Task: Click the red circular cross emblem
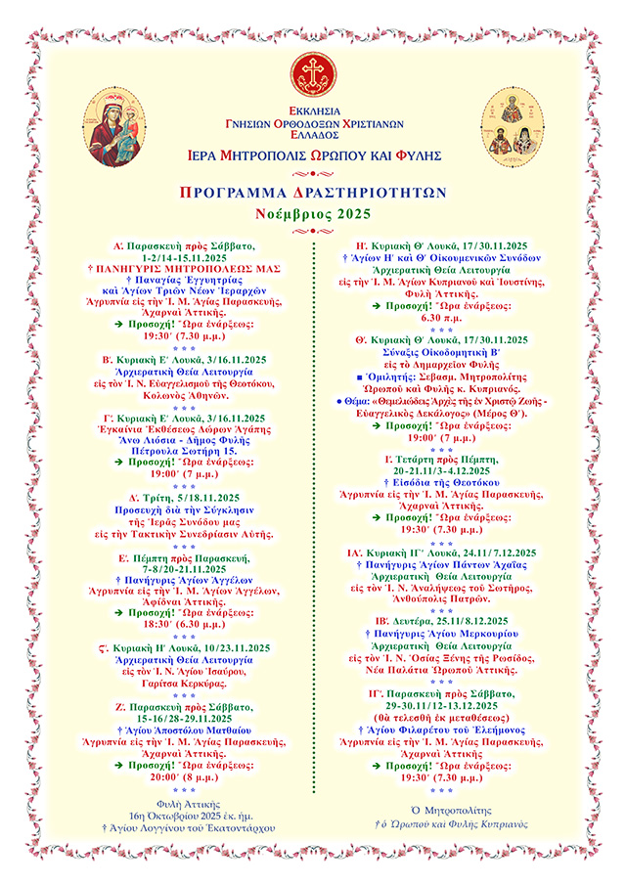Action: click(312, 71)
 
